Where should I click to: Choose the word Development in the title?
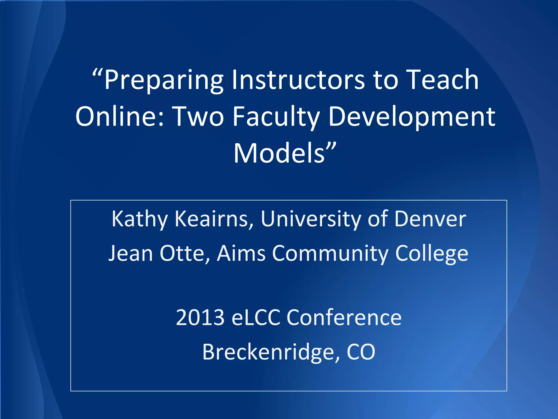412,117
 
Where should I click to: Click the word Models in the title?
280,153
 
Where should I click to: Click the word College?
432,254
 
